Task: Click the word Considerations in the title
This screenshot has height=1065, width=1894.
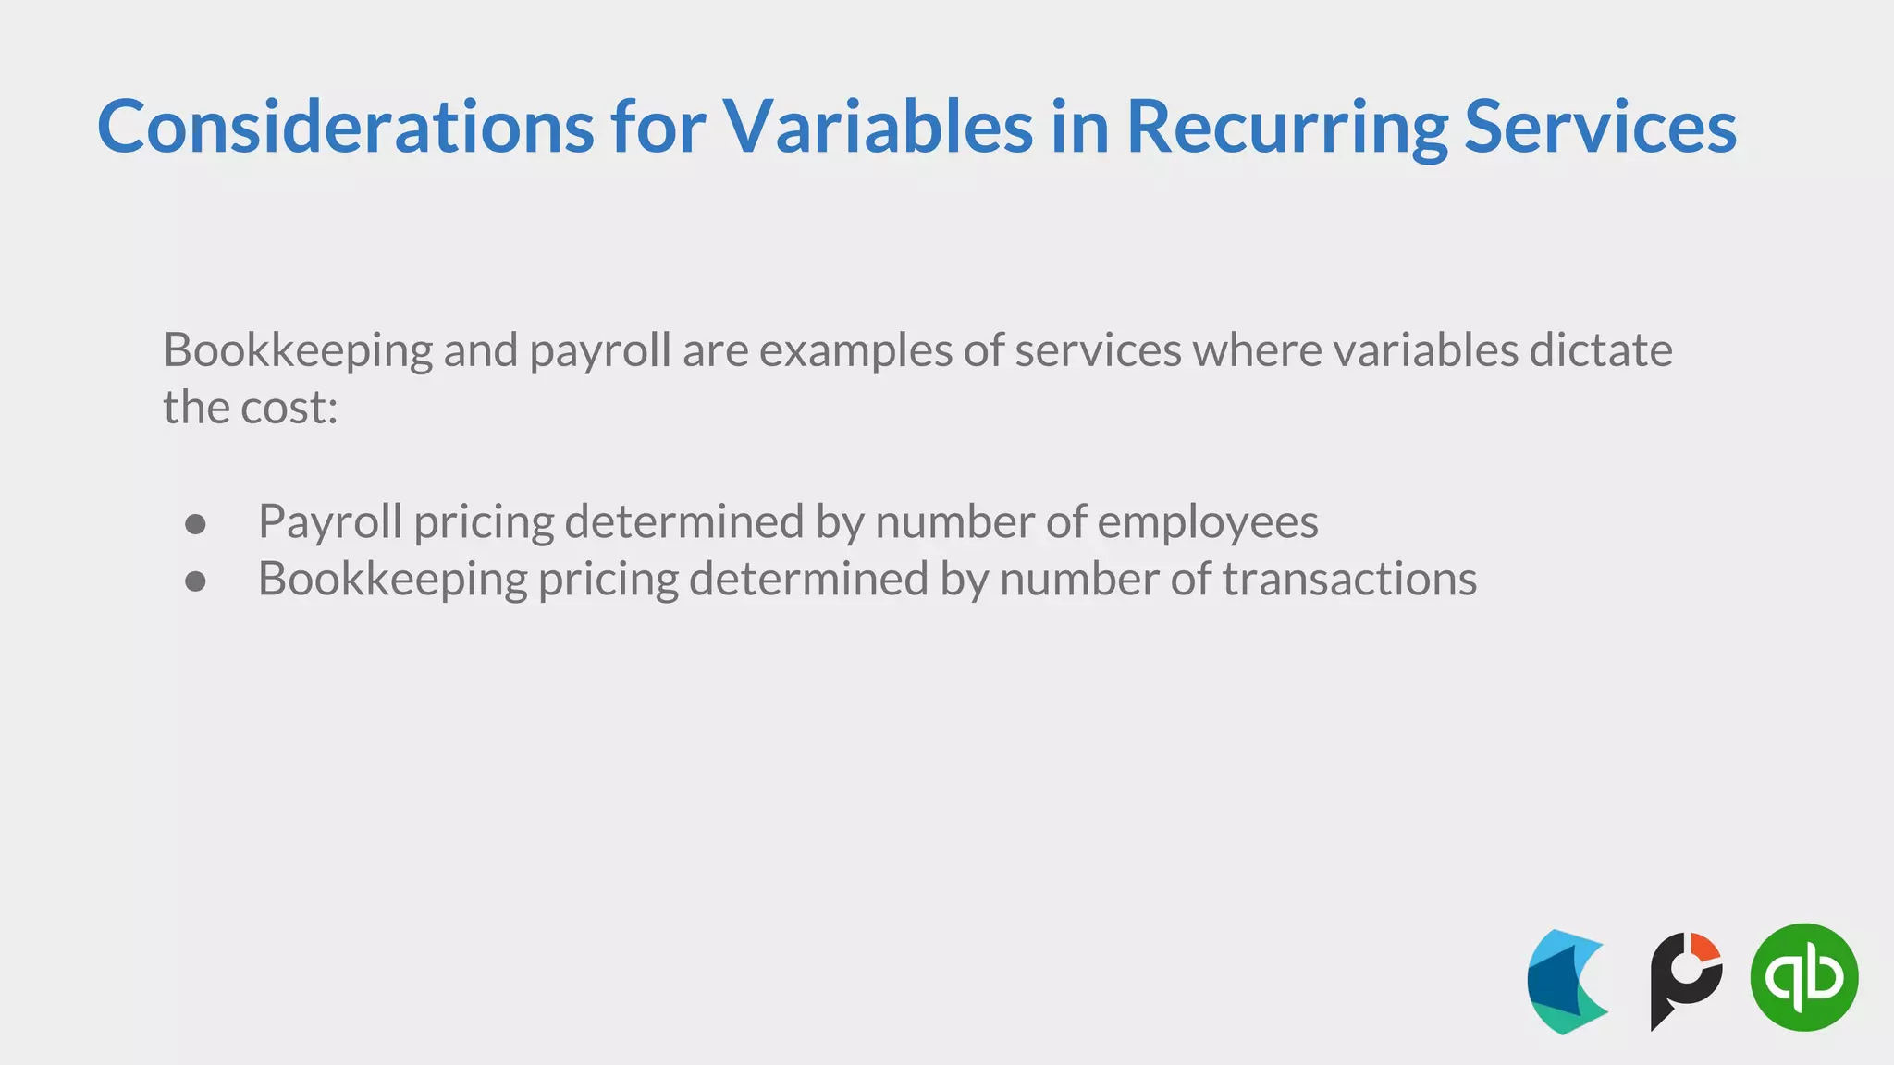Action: tap(345, 127)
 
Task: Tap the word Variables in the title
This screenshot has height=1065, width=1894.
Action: tap(877, 127)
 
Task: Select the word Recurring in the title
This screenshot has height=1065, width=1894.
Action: tap(1286, 127)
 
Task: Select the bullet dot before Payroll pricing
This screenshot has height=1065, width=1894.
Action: tap(195, 524)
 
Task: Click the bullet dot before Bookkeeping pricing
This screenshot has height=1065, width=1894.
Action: tap(195, 581)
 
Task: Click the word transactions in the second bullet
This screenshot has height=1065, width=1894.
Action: tap(1349, 580)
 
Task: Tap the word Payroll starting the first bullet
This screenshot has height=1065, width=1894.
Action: tap(329, 522)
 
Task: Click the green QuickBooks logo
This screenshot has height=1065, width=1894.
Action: tap(1803, 977)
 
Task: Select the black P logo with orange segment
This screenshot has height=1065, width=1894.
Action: tap(1685, 980)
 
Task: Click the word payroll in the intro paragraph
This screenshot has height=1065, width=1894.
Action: tap(599, 351)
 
